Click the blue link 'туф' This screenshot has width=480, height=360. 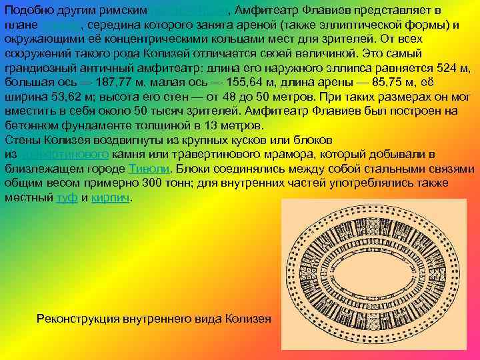[67, 197]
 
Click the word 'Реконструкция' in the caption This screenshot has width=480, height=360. [81, 318]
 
